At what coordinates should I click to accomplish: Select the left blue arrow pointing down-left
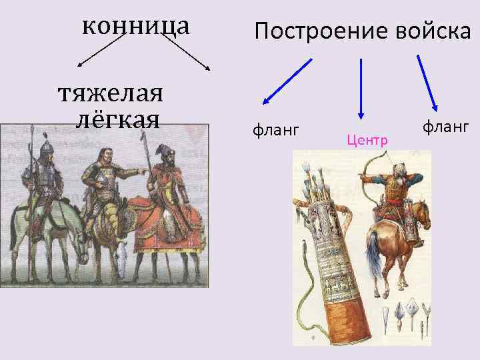[x=287, y=81]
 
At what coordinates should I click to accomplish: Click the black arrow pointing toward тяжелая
[x=100, y=51]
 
